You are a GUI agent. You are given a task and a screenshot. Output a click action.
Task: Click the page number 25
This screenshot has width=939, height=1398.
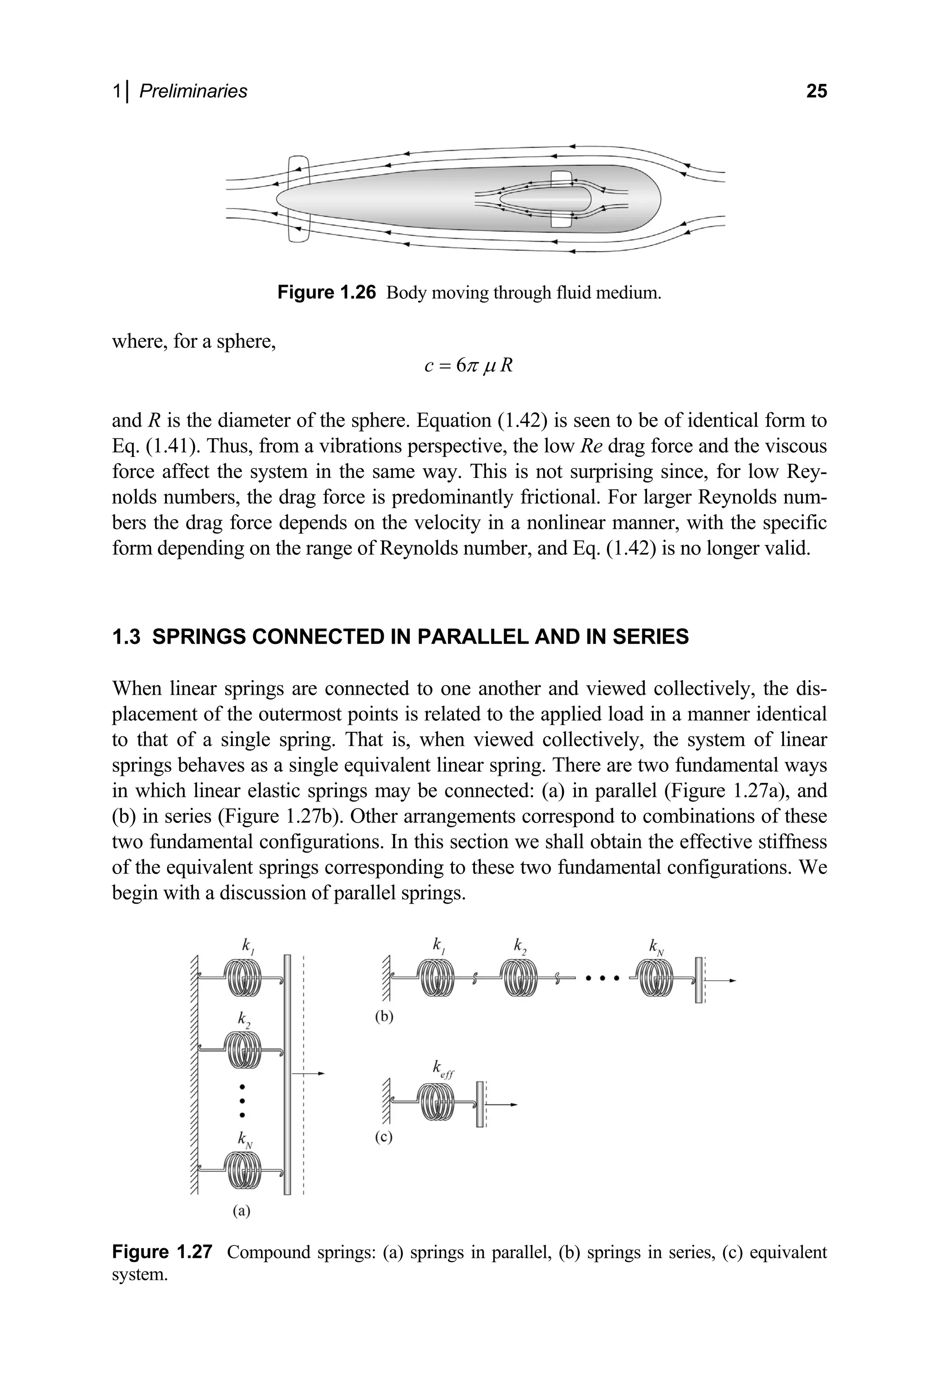point(816,91)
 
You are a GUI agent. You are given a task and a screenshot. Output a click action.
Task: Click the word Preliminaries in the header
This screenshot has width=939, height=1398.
point(193,91)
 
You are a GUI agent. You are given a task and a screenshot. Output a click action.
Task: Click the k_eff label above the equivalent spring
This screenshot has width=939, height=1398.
point(443,1068)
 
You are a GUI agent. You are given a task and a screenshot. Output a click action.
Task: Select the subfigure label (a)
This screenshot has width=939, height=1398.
point(241,1212)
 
